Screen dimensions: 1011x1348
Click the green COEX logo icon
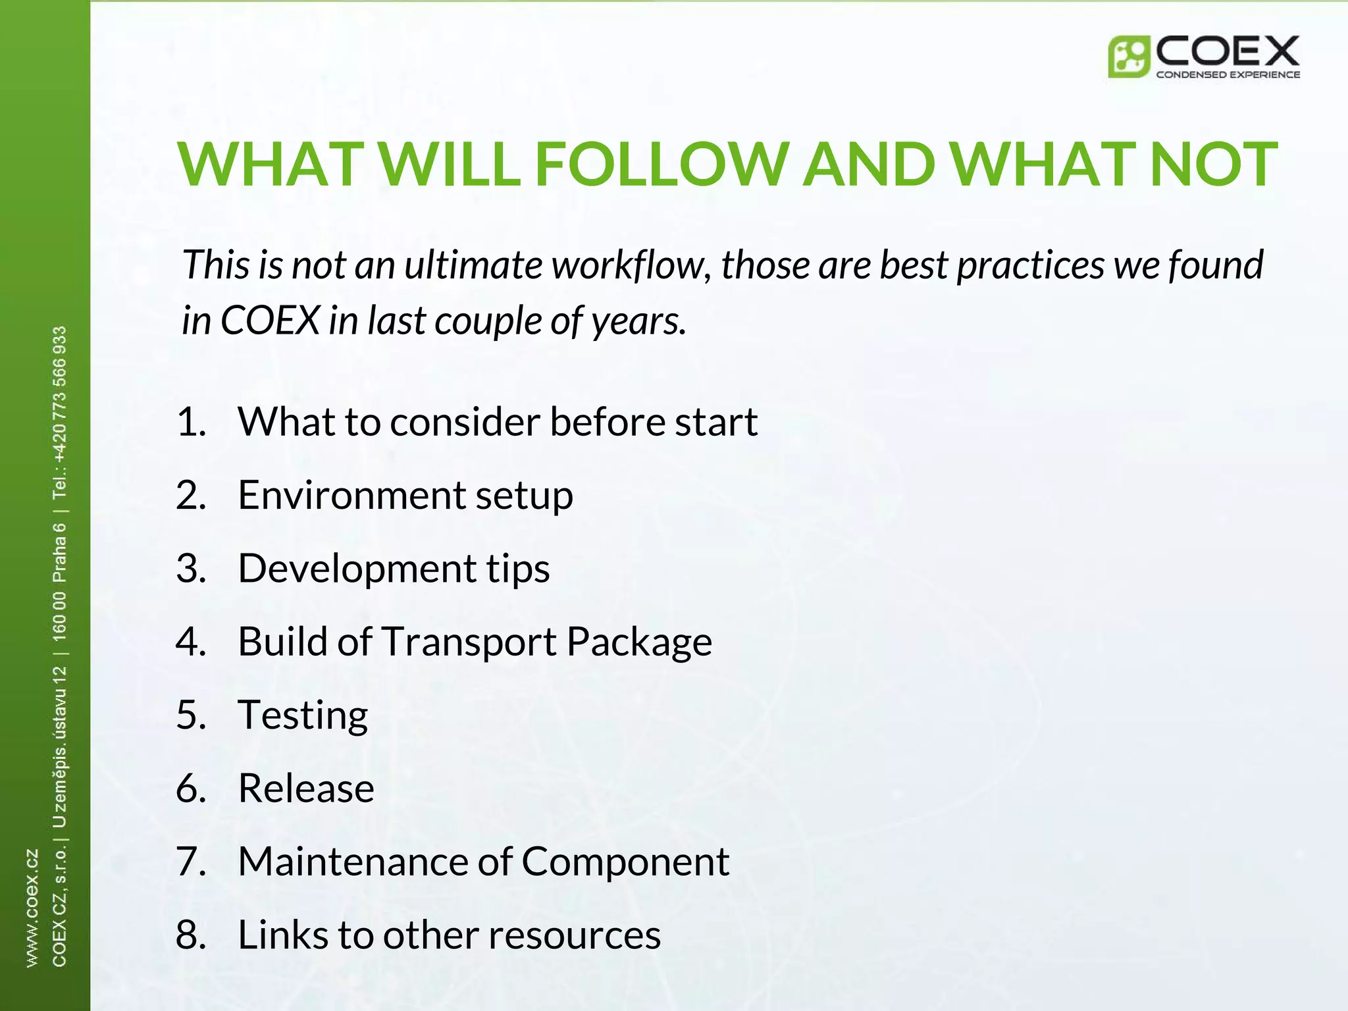pos(1128,57)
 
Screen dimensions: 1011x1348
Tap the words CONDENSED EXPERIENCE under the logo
pos(1228,74)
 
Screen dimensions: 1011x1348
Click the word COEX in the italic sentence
pos(270,321)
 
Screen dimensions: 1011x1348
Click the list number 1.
pos(191,422)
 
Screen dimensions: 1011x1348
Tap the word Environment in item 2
pos(351,495)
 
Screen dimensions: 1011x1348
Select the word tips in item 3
pos(518,569)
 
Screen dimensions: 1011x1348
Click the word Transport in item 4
pos(469,642)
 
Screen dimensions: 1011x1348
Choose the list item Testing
pos(303,715)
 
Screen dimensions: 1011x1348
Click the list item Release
pos(306,788)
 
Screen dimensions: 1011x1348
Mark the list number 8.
pos(191,935)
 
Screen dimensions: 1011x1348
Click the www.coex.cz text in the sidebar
pos(32,908)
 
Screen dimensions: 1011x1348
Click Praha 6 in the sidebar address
pos(59,553)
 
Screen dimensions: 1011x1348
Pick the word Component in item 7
pos(625,861)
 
